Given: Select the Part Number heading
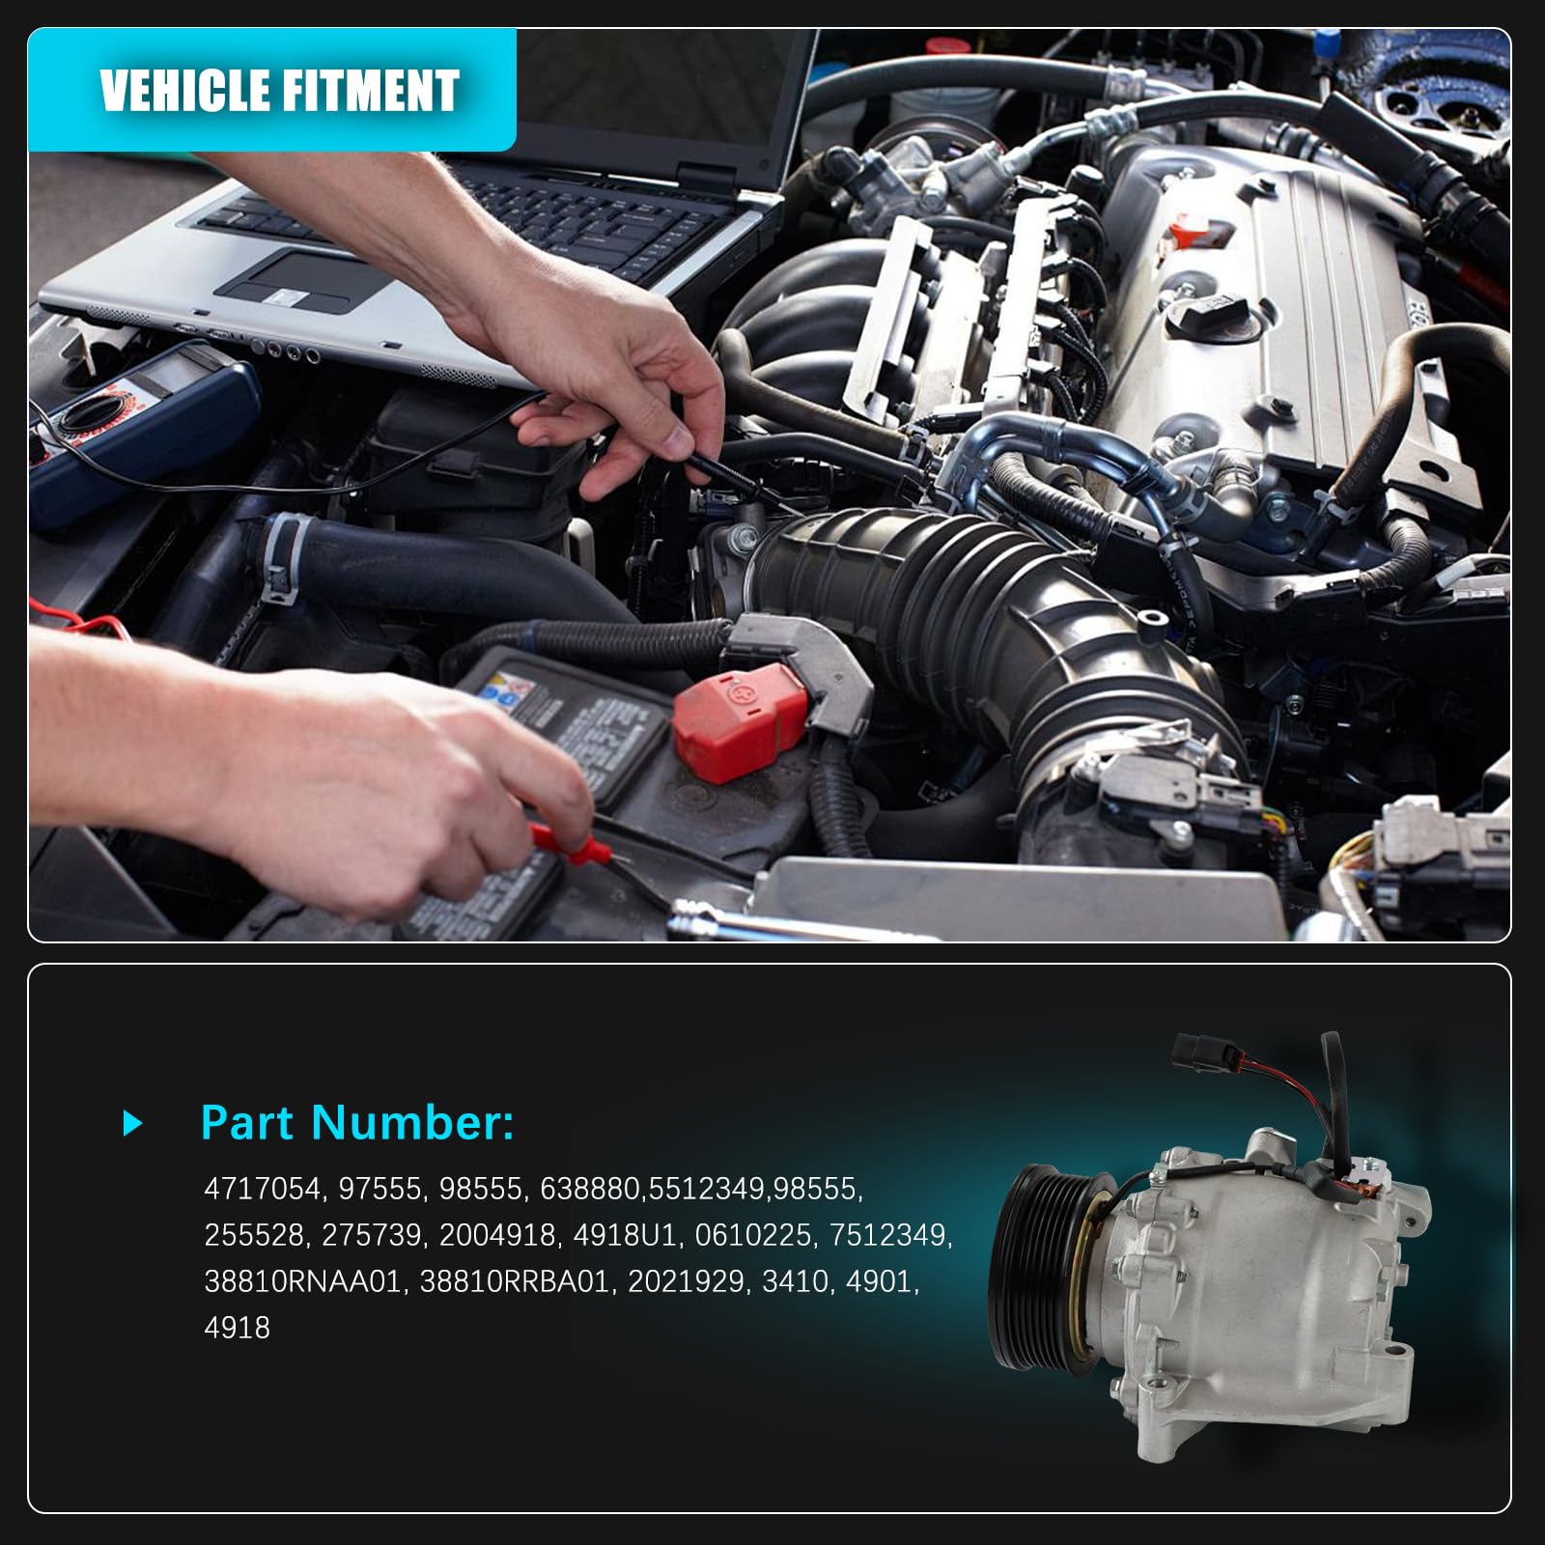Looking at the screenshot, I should pos(357,1123).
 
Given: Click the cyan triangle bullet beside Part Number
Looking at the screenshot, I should pos(133,1123).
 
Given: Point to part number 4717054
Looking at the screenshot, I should pos(262,1189).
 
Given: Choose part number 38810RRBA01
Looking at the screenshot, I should pos(515,1281).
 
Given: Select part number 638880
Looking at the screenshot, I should pos(591,1189).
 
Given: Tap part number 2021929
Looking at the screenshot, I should pos(686,1281).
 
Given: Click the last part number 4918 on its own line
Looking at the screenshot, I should pos(237,1328).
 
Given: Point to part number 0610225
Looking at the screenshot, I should pos(753,1235).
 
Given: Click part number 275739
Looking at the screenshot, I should pos(372,1235).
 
